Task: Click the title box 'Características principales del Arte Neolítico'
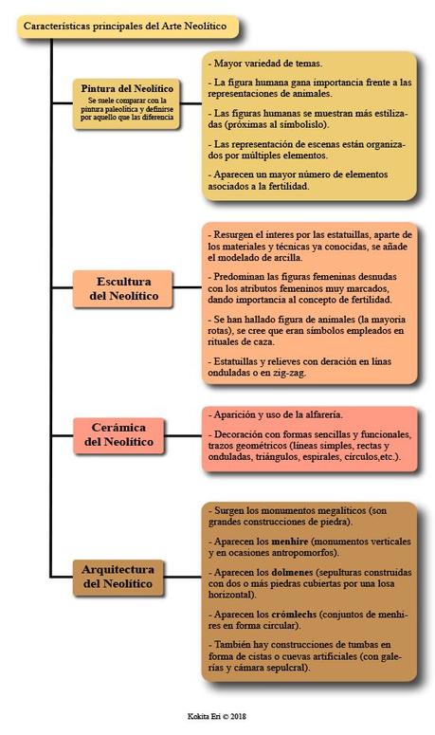click(x=128, y=28)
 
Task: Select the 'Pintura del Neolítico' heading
click(x=126, y=88)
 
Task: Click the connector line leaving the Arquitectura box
click(x=189, y=576)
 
